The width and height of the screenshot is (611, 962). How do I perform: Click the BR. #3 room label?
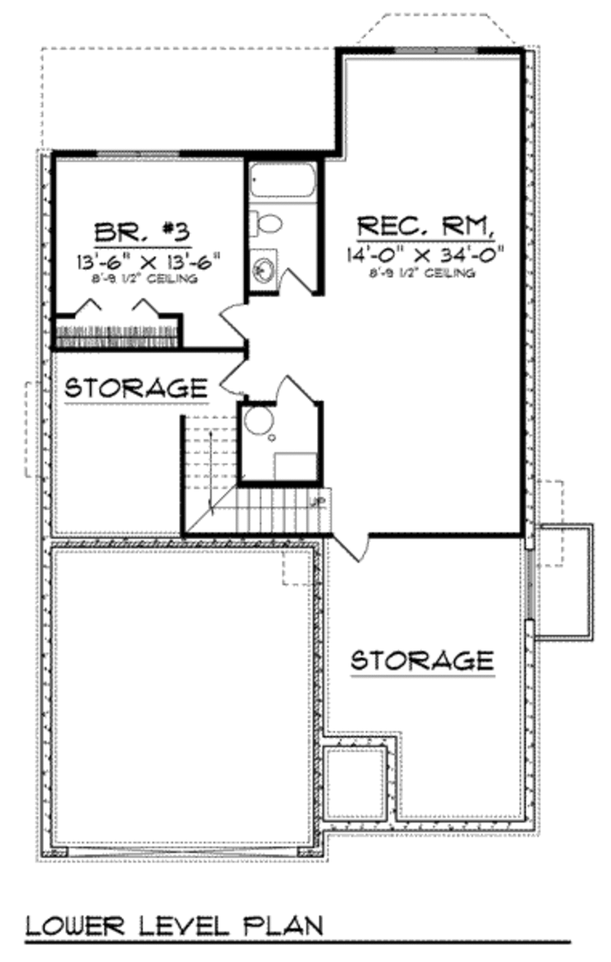[x=143, y=232]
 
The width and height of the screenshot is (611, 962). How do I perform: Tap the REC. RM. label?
[x=425, y=227]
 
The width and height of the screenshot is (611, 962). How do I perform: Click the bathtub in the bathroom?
[x=281, y=180]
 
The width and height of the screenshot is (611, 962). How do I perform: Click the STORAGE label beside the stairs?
[x=136, y=388]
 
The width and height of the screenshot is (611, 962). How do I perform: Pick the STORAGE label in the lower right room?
[x=422, y=660]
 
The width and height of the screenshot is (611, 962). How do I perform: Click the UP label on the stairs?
[x=317, y=502]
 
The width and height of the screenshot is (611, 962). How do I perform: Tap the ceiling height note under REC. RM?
[x=422, y=273]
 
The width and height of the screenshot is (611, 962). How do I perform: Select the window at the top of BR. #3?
[x=138, y=154]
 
